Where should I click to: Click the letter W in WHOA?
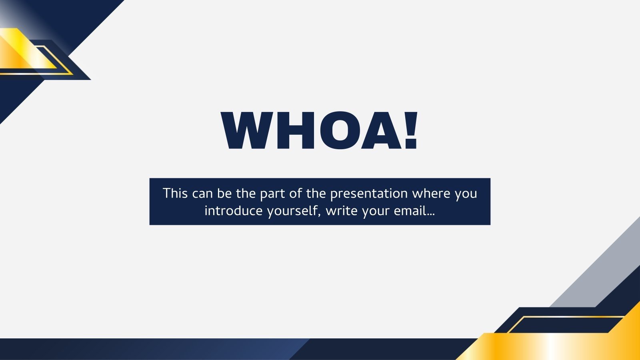(247, 131)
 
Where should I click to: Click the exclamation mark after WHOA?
(411, 131)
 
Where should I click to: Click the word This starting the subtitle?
(175, 193)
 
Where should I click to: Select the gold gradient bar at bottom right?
(552, 346)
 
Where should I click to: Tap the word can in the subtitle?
(202, 194)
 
